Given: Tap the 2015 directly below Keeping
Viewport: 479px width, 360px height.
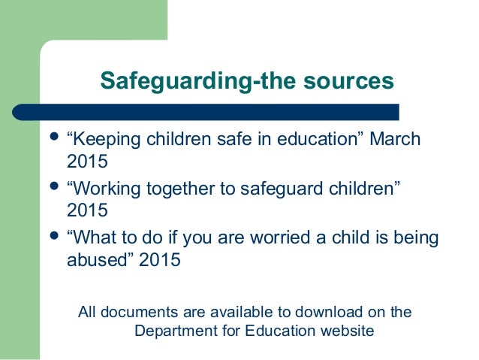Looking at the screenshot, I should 83,161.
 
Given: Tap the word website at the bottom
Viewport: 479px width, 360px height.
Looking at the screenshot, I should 347,330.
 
